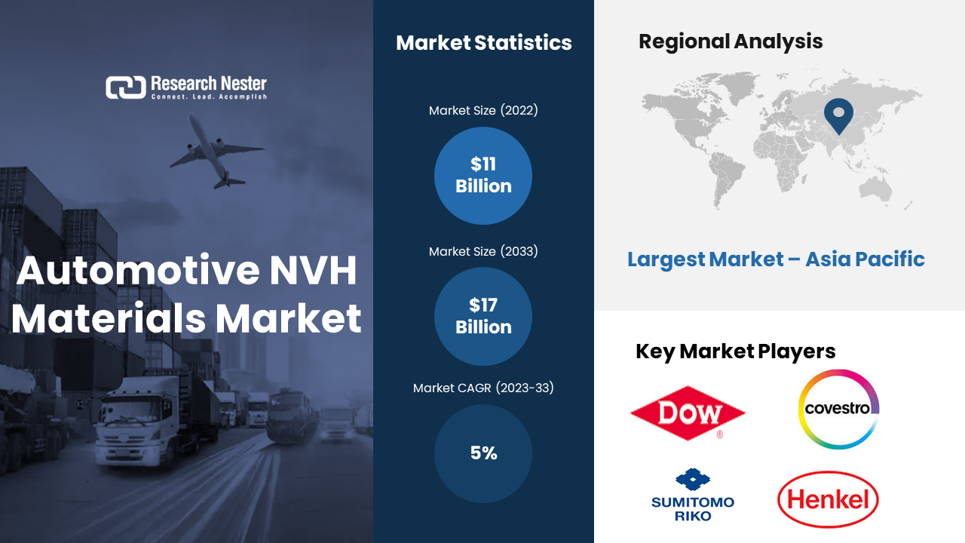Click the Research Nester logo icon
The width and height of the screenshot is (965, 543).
pyautogui.click(x=126, y=87)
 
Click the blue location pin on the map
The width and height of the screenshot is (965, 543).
pyautogui.click(x=838, y=116)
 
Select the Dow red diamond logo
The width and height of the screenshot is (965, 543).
pyautogui.click(x=688, y=413)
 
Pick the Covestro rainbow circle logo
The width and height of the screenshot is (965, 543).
pyautogui.click(x=838, y=409)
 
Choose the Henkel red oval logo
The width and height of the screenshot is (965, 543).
pyautogui.click(x=828, y=499)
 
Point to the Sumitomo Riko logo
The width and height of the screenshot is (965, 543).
pyautogui.click(x=693, y=495)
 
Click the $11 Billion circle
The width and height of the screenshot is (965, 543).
pyautogui.click(x=483, y=176)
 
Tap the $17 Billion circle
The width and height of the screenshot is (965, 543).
pyautogui.click(x=483, y=316)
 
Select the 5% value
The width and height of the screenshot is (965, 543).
pyautogui.click(x=483, y=453)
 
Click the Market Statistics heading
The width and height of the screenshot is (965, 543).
pyautogui.click(x=484, y=43)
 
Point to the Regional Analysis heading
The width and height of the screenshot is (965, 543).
pyautogui.click(x=731, y=41)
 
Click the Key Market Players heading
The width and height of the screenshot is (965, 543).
pyautogui.click(x=735, y=351)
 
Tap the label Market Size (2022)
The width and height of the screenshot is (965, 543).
pyautogui.click(x=483, y=110)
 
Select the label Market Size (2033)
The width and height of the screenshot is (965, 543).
pyautogui.click(x=483, y=251)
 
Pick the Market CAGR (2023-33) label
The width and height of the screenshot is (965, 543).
pyautogui.click(x=483, y=388)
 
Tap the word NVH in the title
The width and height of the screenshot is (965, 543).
pyautogui.click(x=313, y=271)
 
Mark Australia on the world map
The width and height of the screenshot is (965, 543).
pyautogui.click(x=875, y=189)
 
